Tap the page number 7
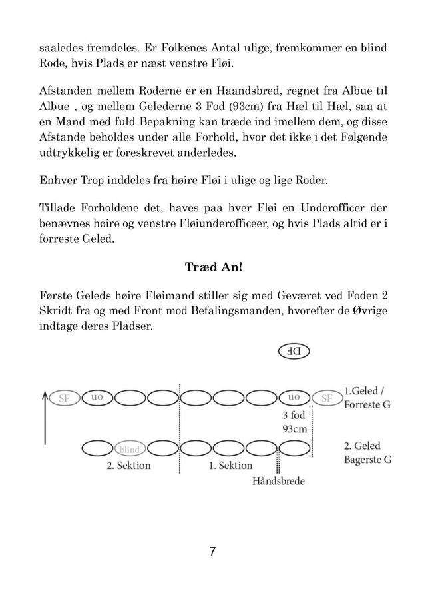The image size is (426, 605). click(x=212, y=552)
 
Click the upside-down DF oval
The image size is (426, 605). click(x=294, y=351)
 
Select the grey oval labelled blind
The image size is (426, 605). click(x=130, y=450)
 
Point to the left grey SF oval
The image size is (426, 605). click(x=64, y=398)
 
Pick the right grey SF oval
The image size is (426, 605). click(x=327, y=398)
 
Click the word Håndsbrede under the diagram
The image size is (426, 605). click(x=278, y=480)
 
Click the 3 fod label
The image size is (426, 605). click(x=294, y=414)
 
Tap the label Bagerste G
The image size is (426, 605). click(x=367, y=460)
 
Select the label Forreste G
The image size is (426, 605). click(x=367, y=405)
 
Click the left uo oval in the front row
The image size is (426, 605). click(x=97, y=398)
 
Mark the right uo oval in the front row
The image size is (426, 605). click(x=294, y=398)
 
